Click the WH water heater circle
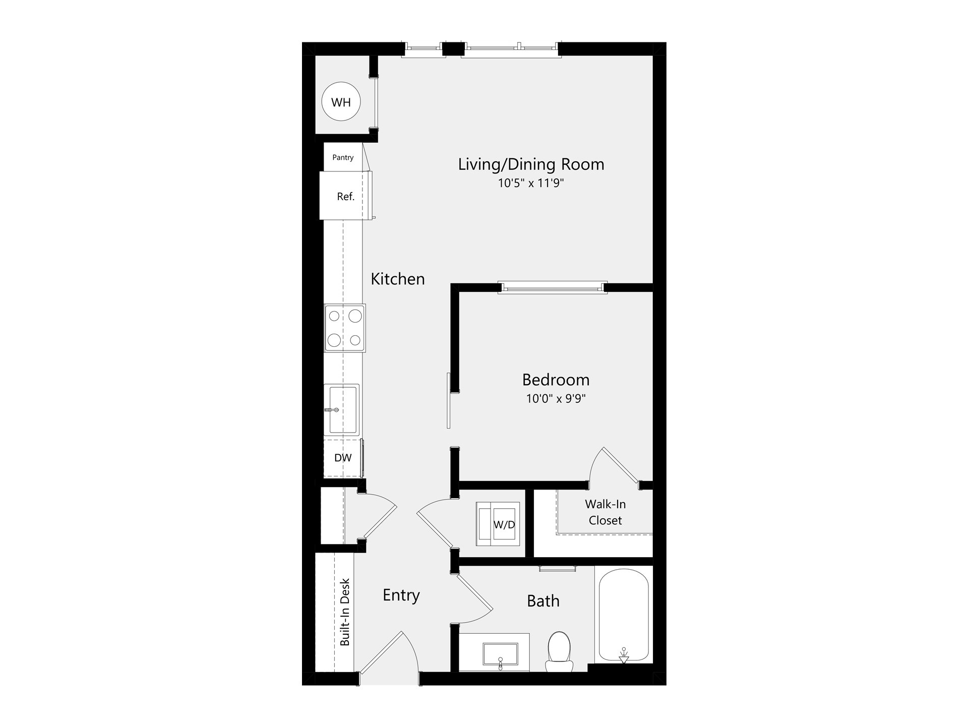341,102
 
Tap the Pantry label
343,157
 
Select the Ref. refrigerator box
345,196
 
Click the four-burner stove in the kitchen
345,328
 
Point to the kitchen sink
342,409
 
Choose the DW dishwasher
343,458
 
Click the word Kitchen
398,279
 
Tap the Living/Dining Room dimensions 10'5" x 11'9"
531,183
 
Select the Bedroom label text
556,380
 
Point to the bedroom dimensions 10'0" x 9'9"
556,399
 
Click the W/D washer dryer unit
499,524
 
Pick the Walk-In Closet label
605,512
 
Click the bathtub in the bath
624,615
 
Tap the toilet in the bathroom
559,652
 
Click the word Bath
543,601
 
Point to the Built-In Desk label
345,612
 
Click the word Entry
401,595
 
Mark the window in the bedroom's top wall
553,288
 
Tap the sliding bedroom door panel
448,400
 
